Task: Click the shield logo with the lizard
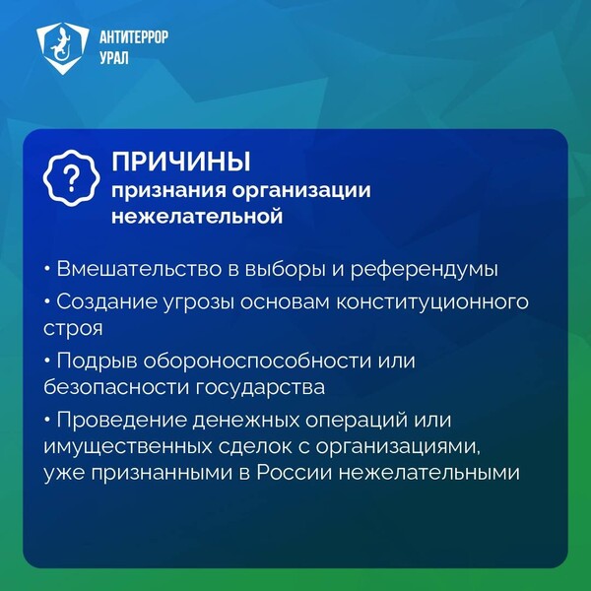pyautogui.click(x=63, y=48)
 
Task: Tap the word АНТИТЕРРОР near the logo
pyautogui.click(x=134, y=37)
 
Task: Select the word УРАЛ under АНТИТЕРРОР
pyautogui.click(x=114, y=58)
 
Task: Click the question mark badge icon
pyautogui.click(x=71, y=178)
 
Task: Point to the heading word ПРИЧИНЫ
pyautogui.click(x=181, y=163)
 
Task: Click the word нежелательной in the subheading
pyautogui.click(x=197, y=217)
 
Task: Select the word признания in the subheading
pyautogui.click(x=168, y=191)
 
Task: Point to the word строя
pyautogui.click(x=73, y=329)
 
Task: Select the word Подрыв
pyautogui.click(x=98, y=361)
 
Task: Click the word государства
pyautogui.click(x=260, y=388)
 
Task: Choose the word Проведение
pyautogui.click(x=122, y=421)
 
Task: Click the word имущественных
pyautogui.click(x=128, y=447)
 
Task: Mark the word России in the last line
pyautogui.click(x=295, y=473)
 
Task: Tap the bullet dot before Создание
pyautogui.click(x=47, y=302)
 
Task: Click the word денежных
pyautogui.click(x=246, y=421)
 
